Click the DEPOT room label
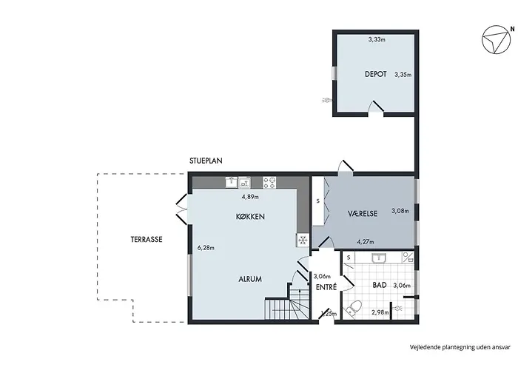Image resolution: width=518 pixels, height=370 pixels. click(x=376, y=74)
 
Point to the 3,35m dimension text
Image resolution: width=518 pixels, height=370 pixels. click(x=403, y=74)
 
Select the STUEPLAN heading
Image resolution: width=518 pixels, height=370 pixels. click(x=206, y=160)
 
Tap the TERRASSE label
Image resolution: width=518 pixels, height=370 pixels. click(x=147, y=239)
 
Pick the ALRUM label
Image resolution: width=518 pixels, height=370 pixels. click(x=249, y=279)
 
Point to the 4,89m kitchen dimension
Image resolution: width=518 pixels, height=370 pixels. click(x=251, y=198)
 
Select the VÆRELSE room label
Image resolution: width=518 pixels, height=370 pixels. click(x=363, y=213)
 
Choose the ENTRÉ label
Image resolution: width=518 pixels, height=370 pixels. click(x=326, y=287)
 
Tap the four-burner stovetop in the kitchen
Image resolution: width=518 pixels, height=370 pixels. click(x=269, y=181)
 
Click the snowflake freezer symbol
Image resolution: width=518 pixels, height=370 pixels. click(x=302, y=240)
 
